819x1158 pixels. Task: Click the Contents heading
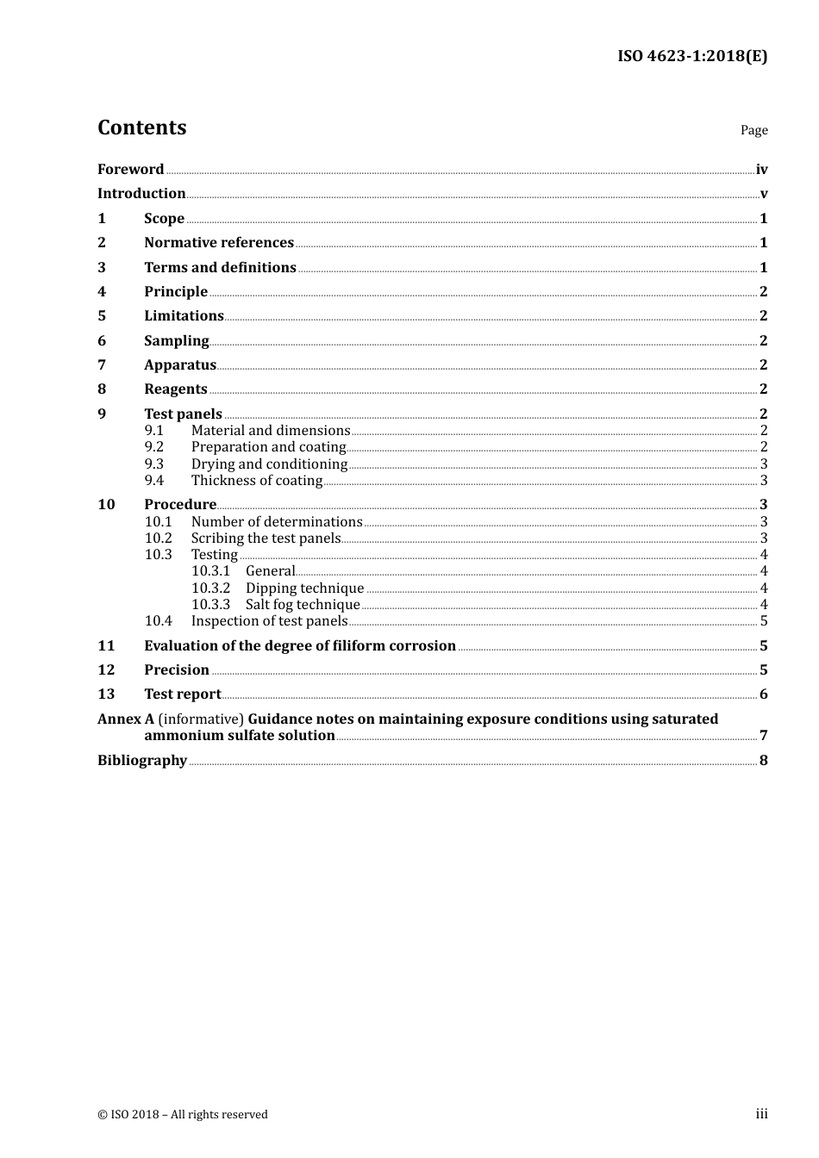tap(141, 128)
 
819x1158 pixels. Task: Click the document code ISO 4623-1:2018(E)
tap(691, 57)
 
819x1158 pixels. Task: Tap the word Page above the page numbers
tap(753, 130)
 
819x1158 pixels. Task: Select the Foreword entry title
tap(130, 170)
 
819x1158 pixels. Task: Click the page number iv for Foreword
tap(761, 170)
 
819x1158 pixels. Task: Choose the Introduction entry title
tap(141, 194)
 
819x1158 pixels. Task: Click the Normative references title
tap(219, 243)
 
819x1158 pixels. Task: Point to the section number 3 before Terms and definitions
tap(102, 268)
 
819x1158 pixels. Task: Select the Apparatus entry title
tap(180, 365)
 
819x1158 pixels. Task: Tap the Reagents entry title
tap(176, 389)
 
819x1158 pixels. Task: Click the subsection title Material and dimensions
tap(271, 431)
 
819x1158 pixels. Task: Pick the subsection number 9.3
tap(154, 464)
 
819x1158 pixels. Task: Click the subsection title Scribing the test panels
tap(266, 539)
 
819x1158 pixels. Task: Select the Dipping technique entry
tap(304, 588)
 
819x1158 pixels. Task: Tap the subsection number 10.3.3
tap(210, 605)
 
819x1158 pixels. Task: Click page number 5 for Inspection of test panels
tap(764, 621)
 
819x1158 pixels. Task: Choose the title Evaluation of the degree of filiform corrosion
tap(300, 646)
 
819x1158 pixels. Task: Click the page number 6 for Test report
tap(764, 694)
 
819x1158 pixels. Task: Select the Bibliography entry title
tap(142, 761)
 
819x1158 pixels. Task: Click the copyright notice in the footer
tap(183, 1115)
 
